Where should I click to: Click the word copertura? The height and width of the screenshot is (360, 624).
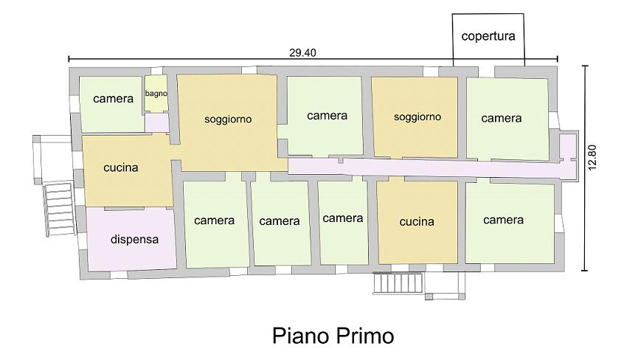[488, 36]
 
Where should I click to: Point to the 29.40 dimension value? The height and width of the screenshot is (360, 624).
[302, 52]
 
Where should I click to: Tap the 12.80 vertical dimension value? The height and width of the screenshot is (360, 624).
[592, 157]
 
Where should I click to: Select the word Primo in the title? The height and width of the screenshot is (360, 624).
[365, 336]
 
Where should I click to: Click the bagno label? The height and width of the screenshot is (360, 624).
[156, 94]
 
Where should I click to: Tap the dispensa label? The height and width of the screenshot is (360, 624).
[134, 239]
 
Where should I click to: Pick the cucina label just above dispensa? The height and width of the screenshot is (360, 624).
[121, 167]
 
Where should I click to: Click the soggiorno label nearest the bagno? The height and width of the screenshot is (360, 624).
[228, 119]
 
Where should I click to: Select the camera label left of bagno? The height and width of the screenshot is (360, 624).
[113, 98]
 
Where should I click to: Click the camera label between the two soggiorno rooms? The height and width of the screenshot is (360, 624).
[327, 116]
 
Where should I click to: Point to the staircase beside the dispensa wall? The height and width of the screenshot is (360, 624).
[58, 209]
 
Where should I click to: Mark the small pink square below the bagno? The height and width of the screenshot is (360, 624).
[156, 122]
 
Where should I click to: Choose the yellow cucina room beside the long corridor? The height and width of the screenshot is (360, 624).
[417, 222]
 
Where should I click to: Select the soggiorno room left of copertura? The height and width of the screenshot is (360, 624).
[415, 117]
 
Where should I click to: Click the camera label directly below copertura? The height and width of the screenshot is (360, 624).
[502, 118]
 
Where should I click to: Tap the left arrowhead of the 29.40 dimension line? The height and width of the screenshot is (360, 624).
[69, 59]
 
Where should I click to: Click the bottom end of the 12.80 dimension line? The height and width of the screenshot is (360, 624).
[585, 271]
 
